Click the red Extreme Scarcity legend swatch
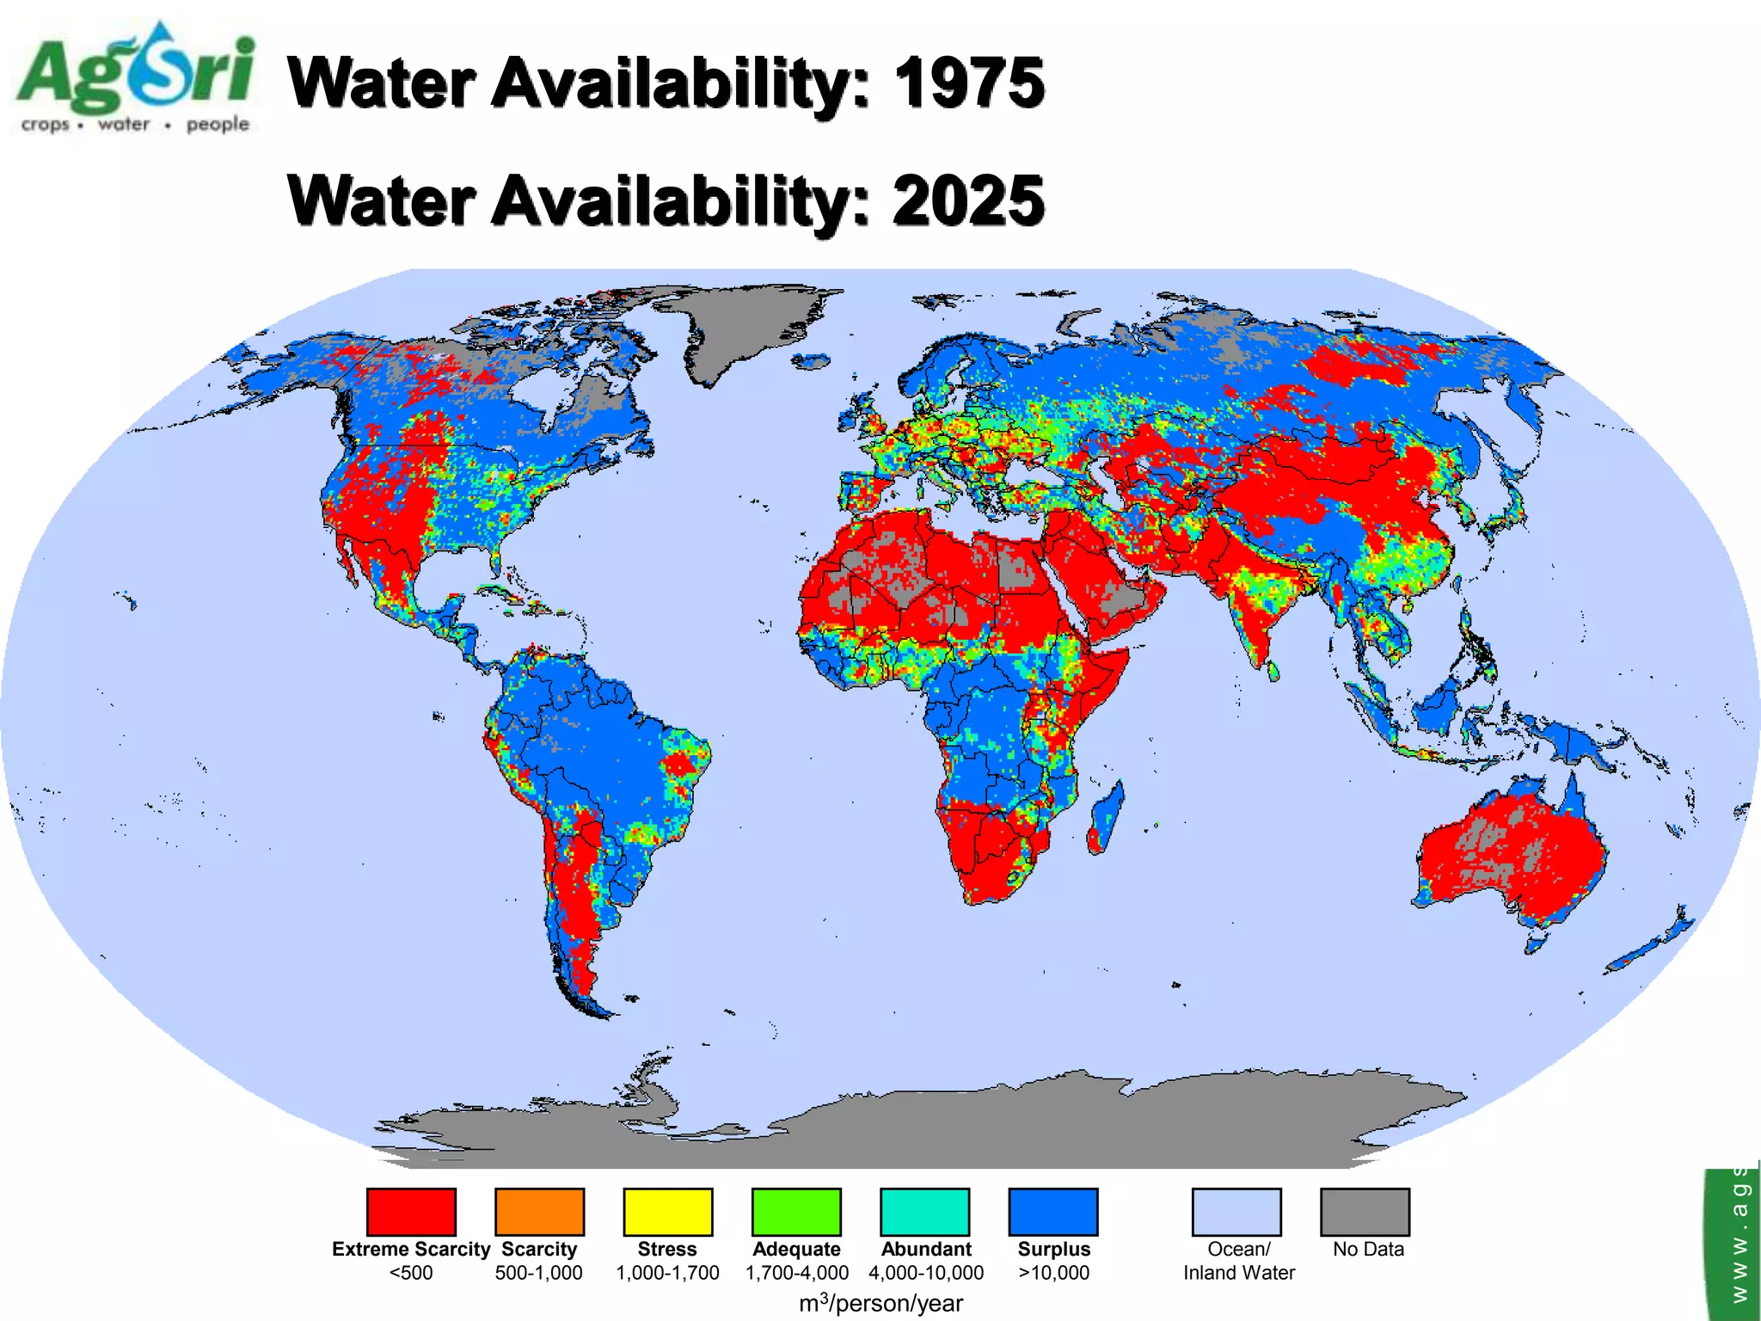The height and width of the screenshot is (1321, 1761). point(411,1211)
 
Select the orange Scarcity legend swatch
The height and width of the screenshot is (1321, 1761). point(539,1211)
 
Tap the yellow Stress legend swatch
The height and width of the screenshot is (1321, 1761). point(668,1211)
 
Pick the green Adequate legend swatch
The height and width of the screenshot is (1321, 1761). point(796,1211)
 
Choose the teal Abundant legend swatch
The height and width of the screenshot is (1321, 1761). point(925,1211)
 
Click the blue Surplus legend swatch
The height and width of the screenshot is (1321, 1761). point(1053,1211)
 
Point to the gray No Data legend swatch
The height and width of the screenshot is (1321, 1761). point(1365,1211)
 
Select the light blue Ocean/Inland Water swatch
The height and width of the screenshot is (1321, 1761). point(1236,1211)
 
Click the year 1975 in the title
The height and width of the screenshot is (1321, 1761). point(969,83)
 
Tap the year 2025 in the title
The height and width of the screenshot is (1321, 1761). point(969,201)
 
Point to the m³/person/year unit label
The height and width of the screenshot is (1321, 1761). point(880,1303)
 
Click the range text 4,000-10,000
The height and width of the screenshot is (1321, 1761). point(926,1273)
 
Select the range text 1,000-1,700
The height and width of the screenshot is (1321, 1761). point(668,1273)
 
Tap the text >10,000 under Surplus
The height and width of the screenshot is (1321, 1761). point(1053,1273)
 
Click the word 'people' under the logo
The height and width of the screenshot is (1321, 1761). point(218,124)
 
